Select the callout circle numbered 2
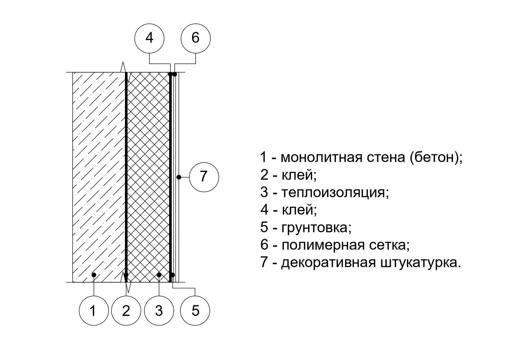(x=126, y=310)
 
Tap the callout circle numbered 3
(x=159, y=310)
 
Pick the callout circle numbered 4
(x=149, y=38)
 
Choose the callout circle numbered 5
(x=195, y=310)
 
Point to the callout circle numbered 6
(x=196, y=38)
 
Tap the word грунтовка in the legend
(x=315, y=228)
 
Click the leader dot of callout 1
(x=94, y=274)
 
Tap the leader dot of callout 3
(x=159, y=274)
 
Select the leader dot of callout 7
(x=178, y=177)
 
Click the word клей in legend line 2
(x=297, y=175)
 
